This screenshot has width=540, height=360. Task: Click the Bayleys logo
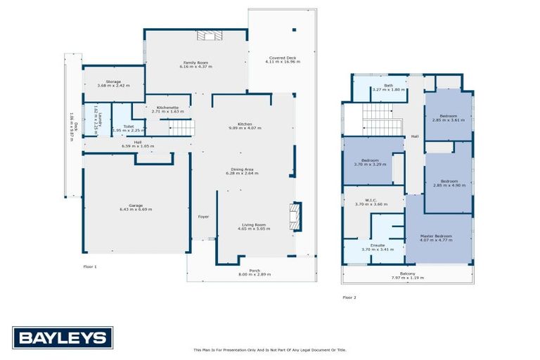point(62,337)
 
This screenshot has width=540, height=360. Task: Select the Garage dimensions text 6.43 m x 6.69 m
point(136,210)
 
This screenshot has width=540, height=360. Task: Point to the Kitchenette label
point(167,108)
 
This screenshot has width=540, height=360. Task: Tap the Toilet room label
point(128,127)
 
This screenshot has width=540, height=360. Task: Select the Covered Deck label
point(283,58)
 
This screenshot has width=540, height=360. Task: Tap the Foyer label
point(203,217)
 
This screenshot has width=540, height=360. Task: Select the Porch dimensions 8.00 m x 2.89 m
point(254,274)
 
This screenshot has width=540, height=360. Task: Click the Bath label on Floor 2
point(388,85)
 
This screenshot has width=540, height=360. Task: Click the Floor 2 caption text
point(349,297)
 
